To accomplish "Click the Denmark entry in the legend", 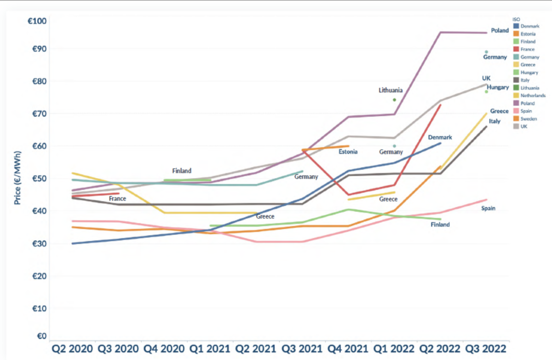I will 529,26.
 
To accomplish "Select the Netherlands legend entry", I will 533,95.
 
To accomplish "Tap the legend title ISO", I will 516,19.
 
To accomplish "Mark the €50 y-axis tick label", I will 39,179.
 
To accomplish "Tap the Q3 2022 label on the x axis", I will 486,348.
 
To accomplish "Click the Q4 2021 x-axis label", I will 348,348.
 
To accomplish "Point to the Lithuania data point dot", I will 395,99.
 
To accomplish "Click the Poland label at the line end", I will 500,30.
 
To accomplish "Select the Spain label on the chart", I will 488,209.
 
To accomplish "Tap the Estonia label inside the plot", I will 348,151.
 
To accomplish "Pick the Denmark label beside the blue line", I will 440,137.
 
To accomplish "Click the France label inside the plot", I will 117,198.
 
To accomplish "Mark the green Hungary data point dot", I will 486,92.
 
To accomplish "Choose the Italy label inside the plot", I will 494,121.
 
